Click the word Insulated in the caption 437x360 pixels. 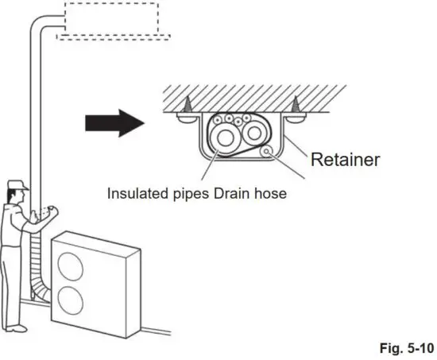[137, 194]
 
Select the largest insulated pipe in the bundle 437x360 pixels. [225, 142]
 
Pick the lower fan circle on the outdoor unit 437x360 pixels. [70, 301]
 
